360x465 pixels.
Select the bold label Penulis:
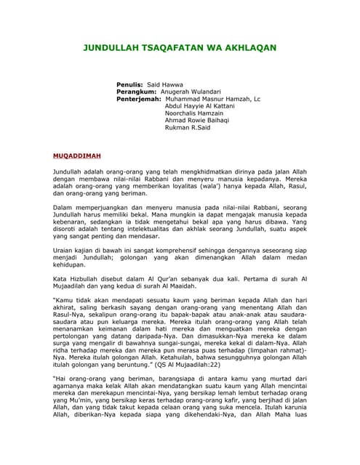point(130,85)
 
